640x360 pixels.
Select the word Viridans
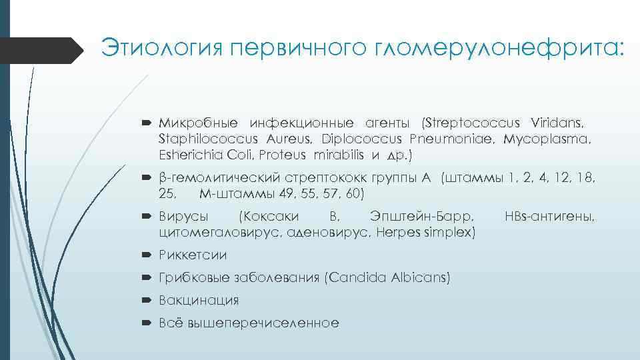[557, 124]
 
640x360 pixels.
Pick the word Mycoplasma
[547, 139]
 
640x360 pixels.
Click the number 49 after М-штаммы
[283, 194]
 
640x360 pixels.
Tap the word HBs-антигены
[550, 217]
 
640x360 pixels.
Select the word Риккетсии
[193, 255]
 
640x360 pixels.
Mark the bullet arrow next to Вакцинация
[149, 301]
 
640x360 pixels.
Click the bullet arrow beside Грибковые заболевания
[149, 278]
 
